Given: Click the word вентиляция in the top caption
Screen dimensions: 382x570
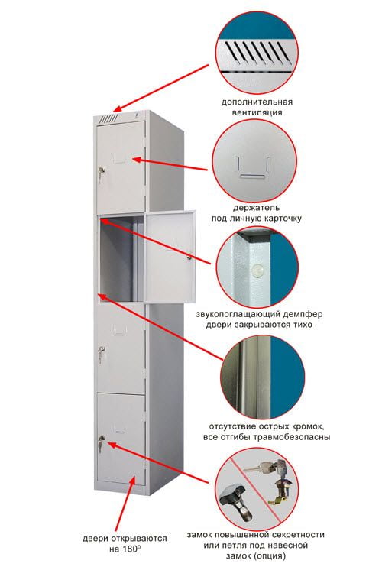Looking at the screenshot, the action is (x=257, y=112).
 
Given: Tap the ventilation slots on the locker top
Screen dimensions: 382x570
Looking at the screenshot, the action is (x=108, y=118).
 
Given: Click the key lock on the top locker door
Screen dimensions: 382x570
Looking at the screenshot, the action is (x=101, y=173).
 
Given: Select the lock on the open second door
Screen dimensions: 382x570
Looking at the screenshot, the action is (x=189, y=254).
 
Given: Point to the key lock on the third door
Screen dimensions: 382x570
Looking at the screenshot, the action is (x=101, y=353).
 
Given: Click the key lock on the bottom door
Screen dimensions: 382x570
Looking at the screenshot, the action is (x=101, y=442).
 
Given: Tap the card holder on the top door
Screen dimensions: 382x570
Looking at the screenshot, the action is (x=120, y=158).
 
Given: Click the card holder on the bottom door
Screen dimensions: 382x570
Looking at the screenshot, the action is (x=120, y=429).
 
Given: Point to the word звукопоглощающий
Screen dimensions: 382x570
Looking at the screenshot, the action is (x=238, y=314).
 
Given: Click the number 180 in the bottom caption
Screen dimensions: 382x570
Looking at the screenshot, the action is (x=131, y=549).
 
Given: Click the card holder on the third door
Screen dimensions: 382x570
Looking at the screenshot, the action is (x=121, y=330).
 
